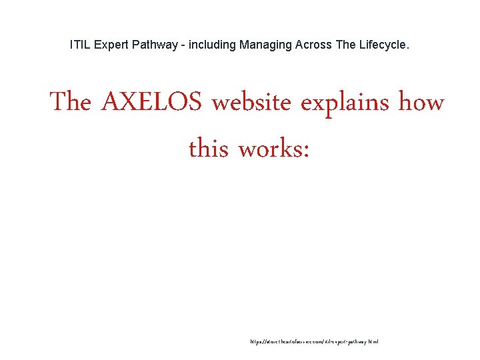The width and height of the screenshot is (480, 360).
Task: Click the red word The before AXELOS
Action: [x=70, y=103]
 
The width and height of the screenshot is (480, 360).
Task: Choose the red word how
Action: [x=421, y=103]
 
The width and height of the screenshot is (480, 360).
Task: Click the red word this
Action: [x=209, y=147]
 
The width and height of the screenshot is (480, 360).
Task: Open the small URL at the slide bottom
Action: [x=314, y=341]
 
